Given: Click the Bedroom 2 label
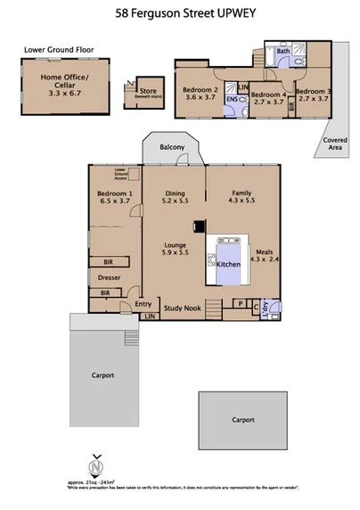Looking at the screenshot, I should coord(200,90).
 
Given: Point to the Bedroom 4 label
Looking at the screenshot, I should coord(266,95).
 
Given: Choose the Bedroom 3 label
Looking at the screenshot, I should coord(313,91).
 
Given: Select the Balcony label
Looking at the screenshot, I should coord(172,147).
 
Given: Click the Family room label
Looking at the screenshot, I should coord(241,193).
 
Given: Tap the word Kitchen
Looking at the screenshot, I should coord(231,267).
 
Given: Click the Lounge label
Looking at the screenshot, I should coord(174,244).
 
